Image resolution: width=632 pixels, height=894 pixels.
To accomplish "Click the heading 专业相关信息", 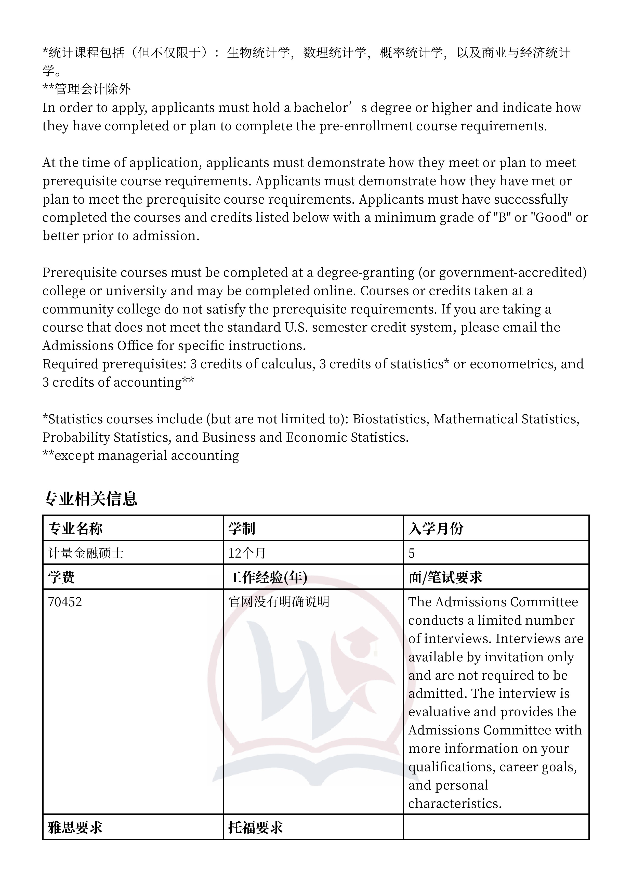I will [90, 499].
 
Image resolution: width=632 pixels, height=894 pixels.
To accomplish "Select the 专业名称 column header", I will [75, 528].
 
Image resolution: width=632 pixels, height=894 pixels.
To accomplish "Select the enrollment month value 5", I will [412, 553].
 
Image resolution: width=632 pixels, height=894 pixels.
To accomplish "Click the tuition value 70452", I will [65, 602].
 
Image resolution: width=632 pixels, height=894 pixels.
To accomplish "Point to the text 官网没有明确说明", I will [279, 602].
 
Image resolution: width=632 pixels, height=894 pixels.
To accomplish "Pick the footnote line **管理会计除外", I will [86, 89].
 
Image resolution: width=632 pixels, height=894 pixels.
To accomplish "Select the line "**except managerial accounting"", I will [141, 456].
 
